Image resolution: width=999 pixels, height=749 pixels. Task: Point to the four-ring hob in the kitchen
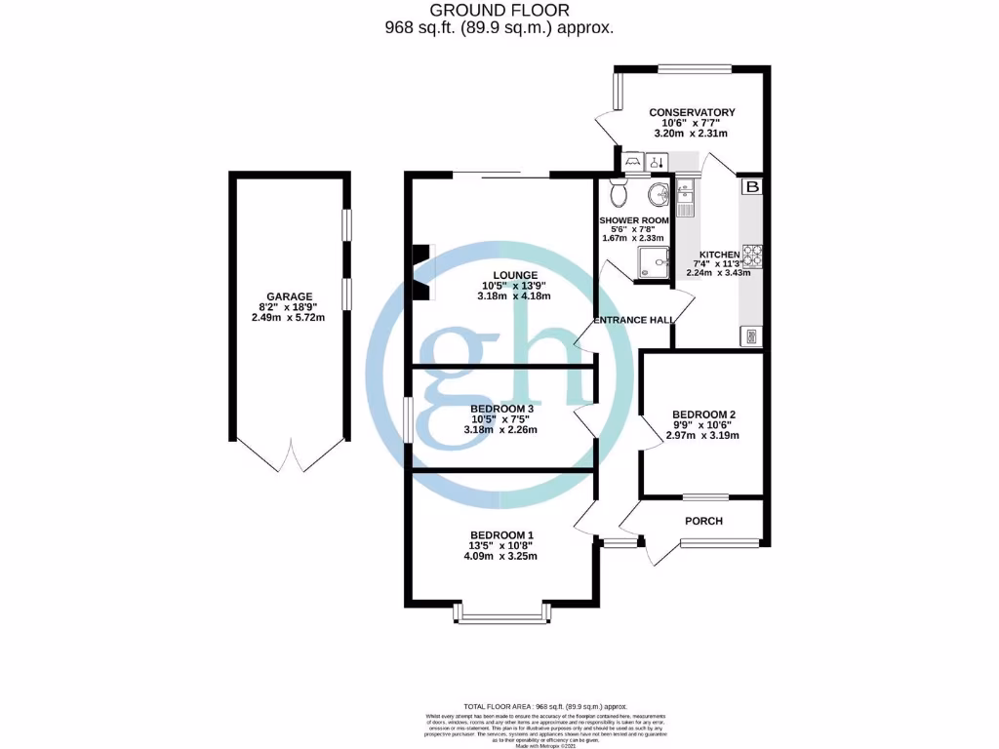752,256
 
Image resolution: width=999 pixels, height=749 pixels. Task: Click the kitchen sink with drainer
683,199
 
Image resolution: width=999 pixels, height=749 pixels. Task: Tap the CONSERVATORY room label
693,112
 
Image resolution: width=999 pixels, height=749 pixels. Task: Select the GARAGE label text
289,296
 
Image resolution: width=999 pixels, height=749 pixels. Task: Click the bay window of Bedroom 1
501,613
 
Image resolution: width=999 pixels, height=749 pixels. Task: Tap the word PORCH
703,521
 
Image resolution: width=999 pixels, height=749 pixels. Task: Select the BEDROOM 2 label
703,414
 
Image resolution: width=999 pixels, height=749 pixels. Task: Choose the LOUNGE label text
502,275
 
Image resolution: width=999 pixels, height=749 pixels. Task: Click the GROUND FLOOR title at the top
499,11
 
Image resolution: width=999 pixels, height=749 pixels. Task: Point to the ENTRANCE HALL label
635,319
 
